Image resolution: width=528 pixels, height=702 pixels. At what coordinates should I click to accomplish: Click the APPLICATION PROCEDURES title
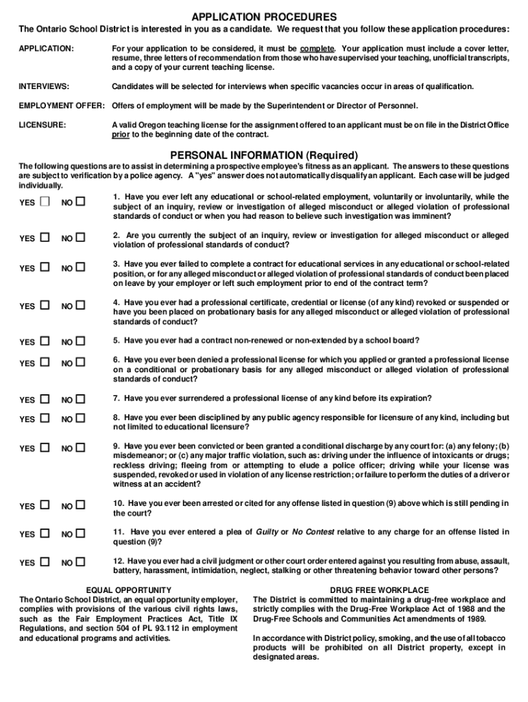point(264,16)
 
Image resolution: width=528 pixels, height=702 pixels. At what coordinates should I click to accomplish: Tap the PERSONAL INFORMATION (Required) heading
point(264,155)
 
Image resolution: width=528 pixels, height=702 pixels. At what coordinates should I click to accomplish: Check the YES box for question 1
point(45,202)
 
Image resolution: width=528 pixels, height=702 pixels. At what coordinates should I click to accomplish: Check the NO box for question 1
point(81,202)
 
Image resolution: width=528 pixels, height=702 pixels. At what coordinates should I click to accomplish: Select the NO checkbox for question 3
point(81,267)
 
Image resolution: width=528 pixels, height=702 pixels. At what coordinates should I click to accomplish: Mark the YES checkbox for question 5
point(45,341)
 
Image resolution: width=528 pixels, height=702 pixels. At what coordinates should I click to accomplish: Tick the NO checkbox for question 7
point(81,399)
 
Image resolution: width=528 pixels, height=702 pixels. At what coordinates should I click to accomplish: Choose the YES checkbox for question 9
point(45,448)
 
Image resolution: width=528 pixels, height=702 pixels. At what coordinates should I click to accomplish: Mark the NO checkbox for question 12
point(81,562)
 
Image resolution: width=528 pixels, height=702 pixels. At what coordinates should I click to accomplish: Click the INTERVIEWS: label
point(44,86)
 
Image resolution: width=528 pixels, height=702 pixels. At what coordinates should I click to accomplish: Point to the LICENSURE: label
point(43,125)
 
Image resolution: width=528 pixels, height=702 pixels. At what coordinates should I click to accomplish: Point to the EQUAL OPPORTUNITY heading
point(128,590)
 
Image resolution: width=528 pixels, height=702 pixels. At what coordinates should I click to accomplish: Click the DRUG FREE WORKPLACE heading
point(379,590)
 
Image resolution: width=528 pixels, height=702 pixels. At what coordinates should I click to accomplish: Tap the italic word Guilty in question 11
point(267,532)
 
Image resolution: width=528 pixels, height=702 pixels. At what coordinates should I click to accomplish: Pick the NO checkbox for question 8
point(81,418)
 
